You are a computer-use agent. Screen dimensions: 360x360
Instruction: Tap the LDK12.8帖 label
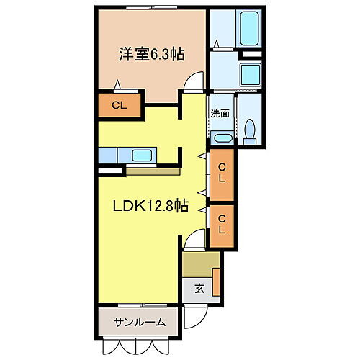150,207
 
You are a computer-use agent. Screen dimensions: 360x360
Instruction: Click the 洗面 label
220,113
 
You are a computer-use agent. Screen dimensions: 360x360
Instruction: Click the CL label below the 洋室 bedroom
120,105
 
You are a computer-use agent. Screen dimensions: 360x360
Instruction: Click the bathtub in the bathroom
250,29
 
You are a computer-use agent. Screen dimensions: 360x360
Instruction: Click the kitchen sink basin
142,155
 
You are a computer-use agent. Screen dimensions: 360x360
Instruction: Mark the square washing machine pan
251,74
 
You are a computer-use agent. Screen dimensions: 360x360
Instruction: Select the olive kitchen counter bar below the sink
153,172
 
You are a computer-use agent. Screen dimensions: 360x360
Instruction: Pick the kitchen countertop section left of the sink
112,155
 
